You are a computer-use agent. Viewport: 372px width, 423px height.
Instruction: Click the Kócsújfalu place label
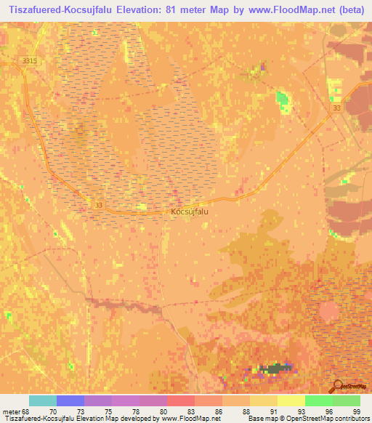[x=190, y=213]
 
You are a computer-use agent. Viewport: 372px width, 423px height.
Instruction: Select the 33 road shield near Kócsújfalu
[x=98, y=206]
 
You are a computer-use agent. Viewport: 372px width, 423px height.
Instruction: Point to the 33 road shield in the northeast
[x=336, y=108]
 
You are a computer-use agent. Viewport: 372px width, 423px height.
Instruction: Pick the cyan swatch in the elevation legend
[x=43, y=400]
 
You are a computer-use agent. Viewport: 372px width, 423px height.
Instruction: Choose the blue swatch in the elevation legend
[x=70, y=400]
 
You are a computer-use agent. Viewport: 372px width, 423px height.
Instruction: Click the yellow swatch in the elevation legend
[x=291, y=400]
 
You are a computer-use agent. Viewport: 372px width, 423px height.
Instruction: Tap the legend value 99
[x=356, y=411]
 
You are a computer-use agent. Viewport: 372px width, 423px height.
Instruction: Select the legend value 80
[x=163, y=411]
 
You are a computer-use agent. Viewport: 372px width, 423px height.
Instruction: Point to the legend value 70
[x=52, y=411]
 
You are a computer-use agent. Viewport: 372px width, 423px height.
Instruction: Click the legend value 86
[x=218, y=411]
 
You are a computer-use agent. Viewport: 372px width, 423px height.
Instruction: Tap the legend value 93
[x=301, y=411]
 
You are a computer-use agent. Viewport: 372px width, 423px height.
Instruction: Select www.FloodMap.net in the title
[x=280, y=10]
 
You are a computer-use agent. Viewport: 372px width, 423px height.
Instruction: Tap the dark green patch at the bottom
[x=274, y=368]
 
